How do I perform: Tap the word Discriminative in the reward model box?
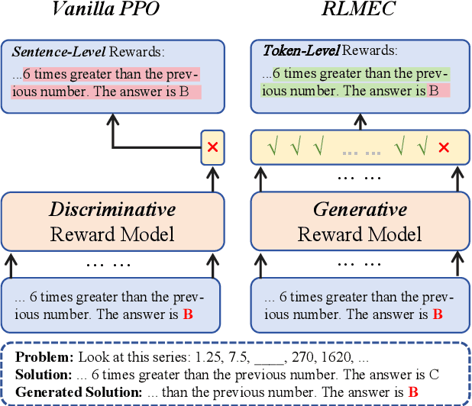(113, 210)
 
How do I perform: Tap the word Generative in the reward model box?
(360, 210)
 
